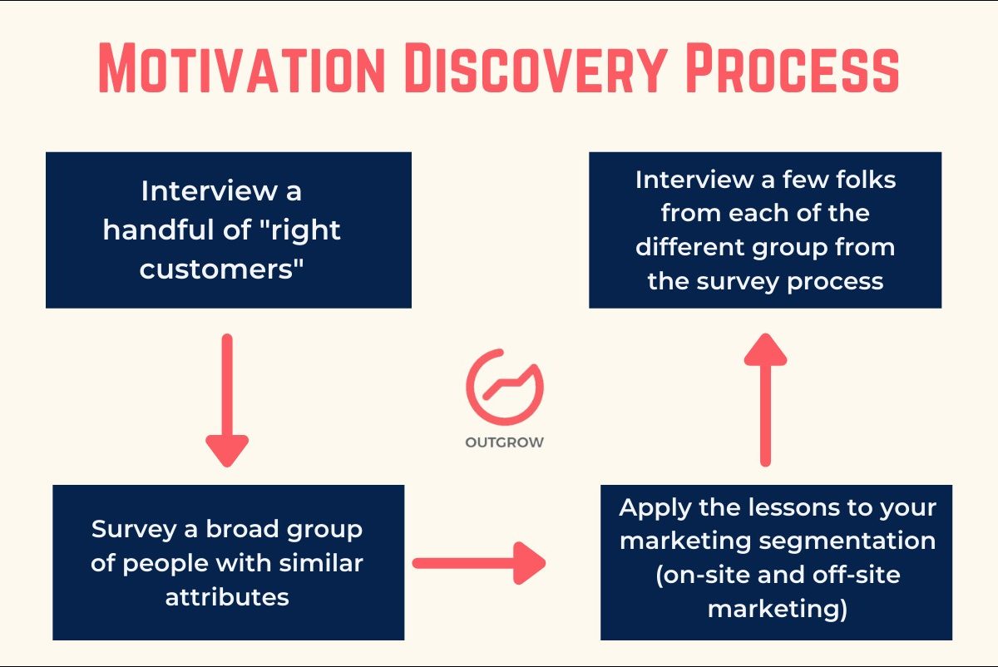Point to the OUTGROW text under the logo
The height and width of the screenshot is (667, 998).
(x=504, y=442)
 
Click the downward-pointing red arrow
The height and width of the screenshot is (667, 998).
(x=227, y=399)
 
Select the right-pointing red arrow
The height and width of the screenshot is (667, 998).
(x=478, y=564)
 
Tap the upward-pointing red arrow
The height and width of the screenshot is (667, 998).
(x=765, y=399)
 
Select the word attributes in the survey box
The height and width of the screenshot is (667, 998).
(x=227, y=596)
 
